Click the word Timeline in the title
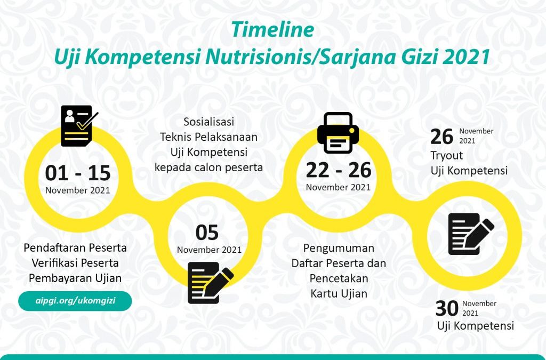pos(272,29)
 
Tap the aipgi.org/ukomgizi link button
pos(75,301)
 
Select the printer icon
pos(338,133)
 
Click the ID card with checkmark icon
pos(79,126)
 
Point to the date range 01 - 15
pos(78,173)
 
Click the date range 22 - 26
pos(339,170)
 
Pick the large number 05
pos(207,233)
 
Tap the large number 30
pos(447,308)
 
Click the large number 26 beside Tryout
pos(441,137)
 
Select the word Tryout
pos(447,156)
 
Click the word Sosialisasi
pos(209,122)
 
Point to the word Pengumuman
pos(339,248)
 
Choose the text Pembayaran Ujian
pos(75,278)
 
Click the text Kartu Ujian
pos(339,293)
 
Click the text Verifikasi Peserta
pos(75,263)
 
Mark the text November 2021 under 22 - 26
pos(338,187)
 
